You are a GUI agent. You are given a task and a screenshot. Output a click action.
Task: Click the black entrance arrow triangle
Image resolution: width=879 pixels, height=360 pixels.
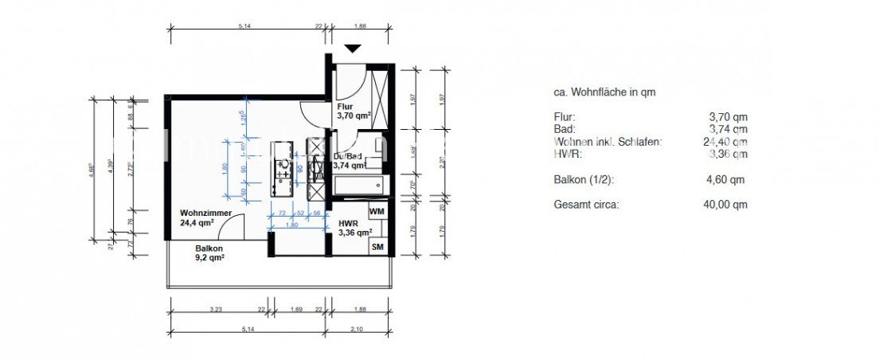pos(353,49)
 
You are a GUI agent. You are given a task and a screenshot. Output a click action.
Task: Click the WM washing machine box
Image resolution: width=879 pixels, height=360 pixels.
pos(377,211)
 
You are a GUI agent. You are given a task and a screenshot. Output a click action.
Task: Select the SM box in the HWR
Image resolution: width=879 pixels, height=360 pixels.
pos(377,248)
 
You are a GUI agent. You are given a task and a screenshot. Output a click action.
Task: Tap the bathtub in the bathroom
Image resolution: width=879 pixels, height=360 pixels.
pos(358,186)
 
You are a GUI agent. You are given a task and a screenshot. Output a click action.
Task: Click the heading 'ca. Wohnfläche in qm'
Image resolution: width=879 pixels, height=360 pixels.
pos(604,92)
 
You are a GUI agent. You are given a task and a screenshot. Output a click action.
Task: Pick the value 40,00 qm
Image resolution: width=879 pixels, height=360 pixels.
pos(728,205)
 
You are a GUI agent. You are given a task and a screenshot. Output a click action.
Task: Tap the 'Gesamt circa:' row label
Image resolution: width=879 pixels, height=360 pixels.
pos(586,205)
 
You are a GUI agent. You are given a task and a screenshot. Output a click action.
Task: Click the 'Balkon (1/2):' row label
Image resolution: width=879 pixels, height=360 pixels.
pos(584,179)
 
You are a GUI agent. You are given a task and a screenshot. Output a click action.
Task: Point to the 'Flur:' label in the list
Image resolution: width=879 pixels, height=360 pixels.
pos(564,117)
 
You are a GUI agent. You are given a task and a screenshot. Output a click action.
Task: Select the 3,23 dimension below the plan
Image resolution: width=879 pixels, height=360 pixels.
pos(215,309)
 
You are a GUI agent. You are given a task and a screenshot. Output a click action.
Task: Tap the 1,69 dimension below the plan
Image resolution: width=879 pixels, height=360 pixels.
pos(295,309)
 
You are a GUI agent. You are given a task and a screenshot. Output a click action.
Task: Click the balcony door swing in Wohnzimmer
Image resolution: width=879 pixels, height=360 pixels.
pos(231,232)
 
